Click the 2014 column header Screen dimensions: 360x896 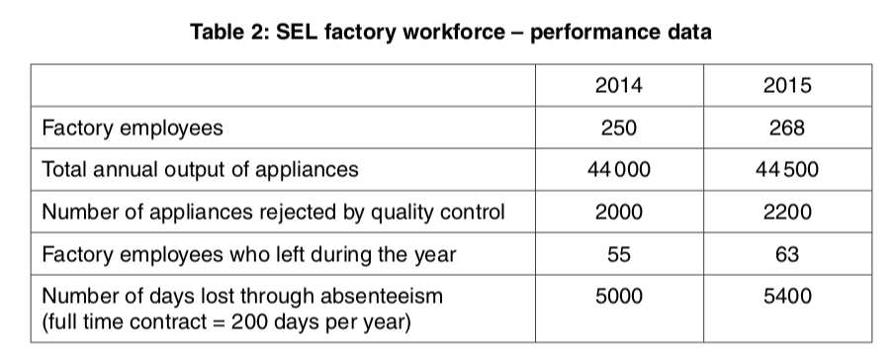click(x=618, y=85)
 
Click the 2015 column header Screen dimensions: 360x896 click(x=787, y=85)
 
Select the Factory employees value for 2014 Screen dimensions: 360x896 click(x=618, y=128)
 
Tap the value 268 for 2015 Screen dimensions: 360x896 click(x=787, y=128)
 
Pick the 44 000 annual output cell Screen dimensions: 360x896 click(x=618, y=169)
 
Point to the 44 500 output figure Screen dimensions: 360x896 click(x=787, y=169)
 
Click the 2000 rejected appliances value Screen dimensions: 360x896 click(x=618, y=212)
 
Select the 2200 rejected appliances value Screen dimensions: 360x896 click(x=787, y=212)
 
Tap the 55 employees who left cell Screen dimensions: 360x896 click(x=618, y=254)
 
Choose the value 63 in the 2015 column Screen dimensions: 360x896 click(x=787, y=254)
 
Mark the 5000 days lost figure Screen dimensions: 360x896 click(x=618, y=296)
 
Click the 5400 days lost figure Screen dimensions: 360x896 click(x=787, y=296)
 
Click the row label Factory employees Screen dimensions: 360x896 click(x=132, y=128)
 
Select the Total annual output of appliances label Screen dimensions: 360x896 click(x=199, y=169)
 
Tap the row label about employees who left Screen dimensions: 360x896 click(x=248, y=254)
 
